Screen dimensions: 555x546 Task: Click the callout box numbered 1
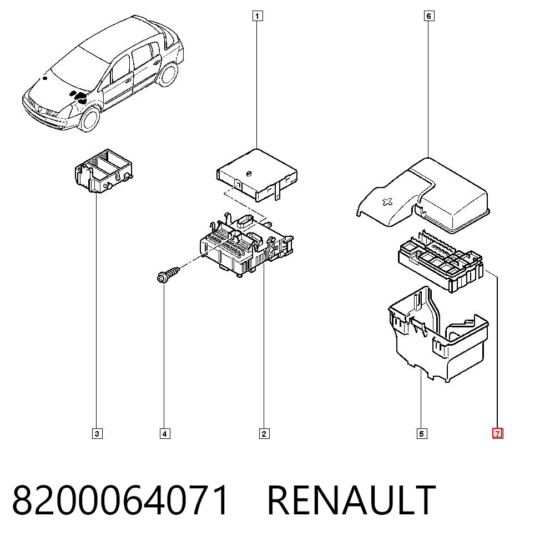[x=258, y=16]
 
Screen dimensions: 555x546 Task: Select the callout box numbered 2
[x=264, y=433]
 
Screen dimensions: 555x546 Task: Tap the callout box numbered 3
[x=97, y=433]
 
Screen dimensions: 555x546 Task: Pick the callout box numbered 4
[x=165, y=433]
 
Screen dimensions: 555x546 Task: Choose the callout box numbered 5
[x=422, y=433]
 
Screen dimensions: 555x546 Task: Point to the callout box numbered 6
[x=429, y=16]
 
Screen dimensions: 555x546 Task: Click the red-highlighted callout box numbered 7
[x=498, y=433]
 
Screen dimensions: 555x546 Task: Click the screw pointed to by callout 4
[x=168, y=275]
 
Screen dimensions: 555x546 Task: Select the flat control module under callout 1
[x=257, y=175]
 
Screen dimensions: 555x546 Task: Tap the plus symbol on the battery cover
[x=388, y=203]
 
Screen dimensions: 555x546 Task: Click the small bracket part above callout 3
[x=104, y=171]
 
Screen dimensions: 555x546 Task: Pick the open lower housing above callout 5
[x=438, y=335]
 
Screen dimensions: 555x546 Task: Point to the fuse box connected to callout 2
[x=246, y=245]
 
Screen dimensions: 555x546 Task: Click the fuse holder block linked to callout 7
[x=441, y=262]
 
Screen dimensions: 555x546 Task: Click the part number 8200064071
[x=120, y=501]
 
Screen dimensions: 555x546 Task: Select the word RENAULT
[x=351, y=501]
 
